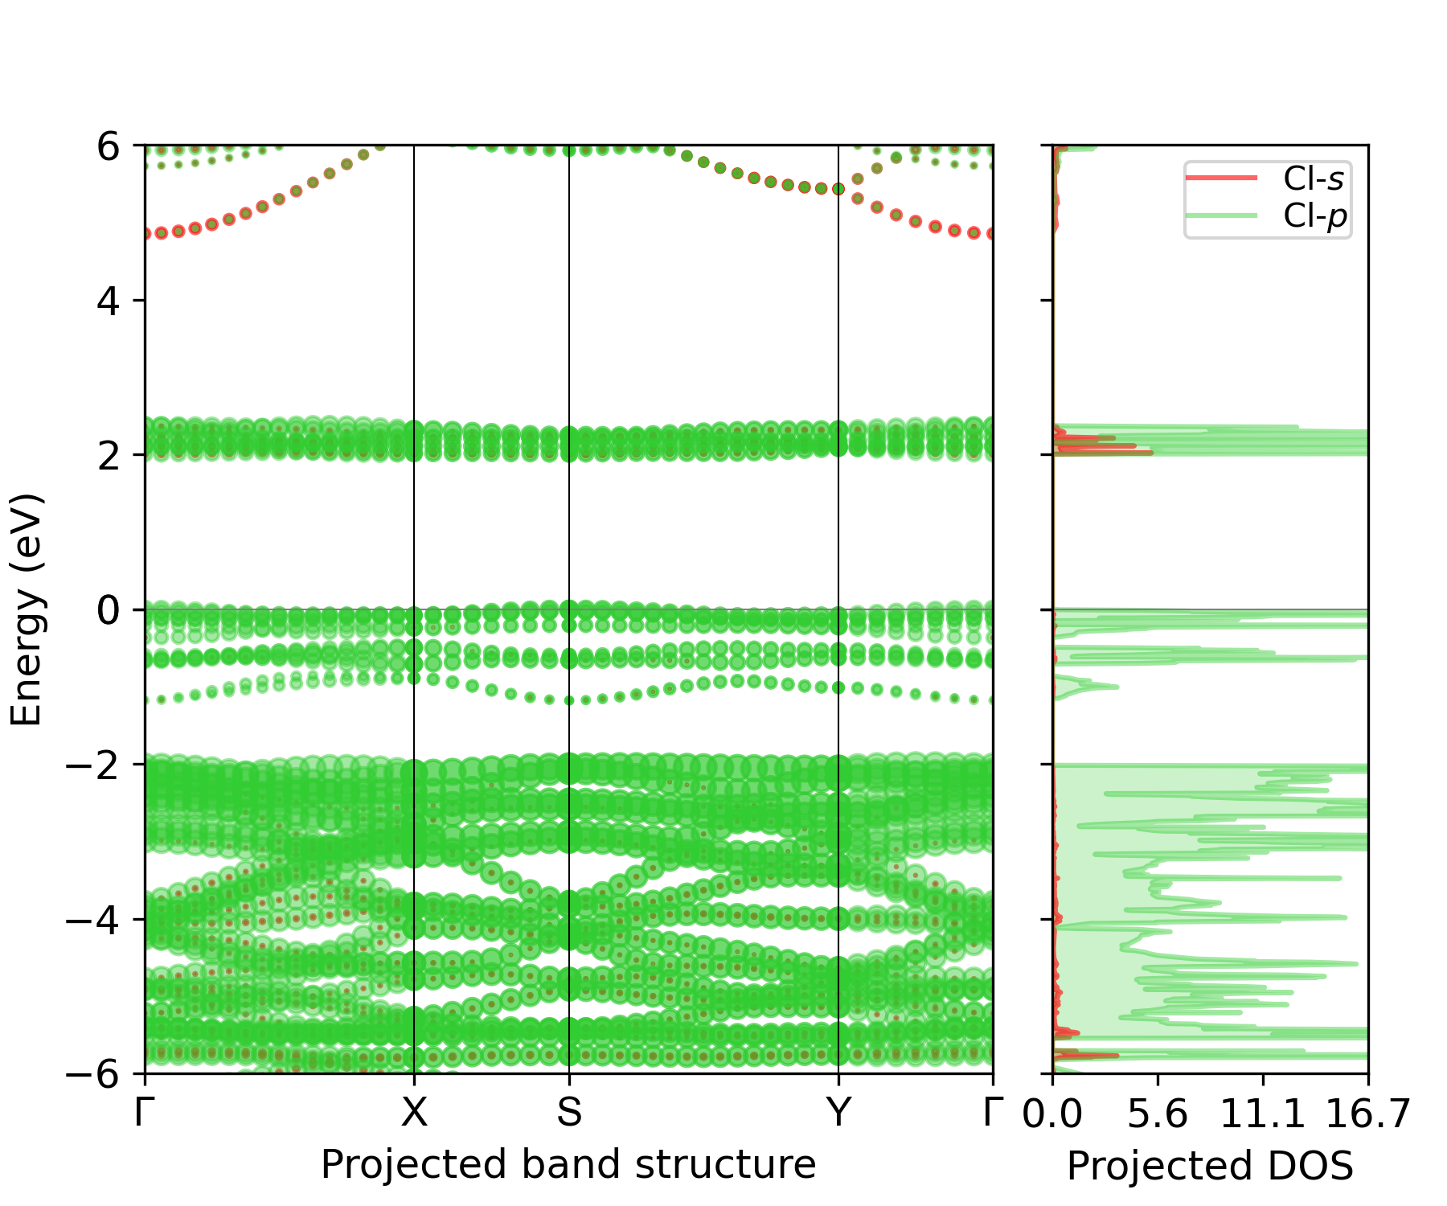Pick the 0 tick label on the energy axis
(x=109, y=610)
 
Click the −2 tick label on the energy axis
(x=96, y=765)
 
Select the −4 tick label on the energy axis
(x=96, y=919)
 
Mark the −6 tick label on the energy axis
(x=96, y=1073)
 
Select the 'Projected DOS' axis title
(x=1210, y=1166)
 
